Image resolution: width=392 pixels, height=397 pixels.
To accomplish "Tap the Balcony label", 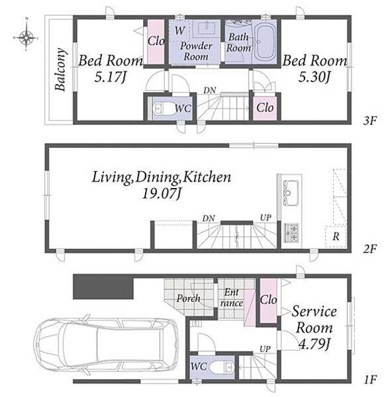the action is tap(60, 69).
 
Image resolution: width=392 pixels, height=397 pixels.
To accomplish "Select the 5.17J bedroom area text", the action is tap(110, 77).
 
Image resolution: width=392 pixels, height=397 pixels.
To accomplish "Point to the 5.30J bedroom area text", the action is tap(315, 77).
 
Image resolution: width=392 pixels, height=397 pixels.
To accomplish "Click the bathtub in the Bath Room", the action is tap(265, 42).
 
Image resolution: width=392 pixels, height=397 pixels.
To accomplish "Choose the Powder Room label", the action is tap(196, 51).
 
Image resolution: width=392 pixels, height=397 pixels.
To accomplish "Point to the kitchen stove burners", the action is tap(291, 232).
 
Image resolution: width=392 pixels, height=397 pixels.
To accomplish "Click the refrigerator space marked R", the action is tap(336, 236).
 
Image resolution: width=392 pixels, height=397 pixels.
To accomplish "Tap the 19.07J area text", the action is tap(162, 194).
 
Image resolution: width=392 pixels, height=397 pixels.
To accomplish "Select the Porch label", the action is tap(188, 298).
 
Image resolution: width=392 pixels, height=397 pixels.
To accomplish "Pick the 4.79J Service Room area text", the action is tap(315, 343).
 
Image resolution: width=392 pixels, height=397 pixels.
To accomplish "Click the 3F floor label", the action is tap(369, 120).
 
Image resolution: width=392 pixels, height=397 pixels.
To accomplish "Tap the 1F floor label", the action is tap(370, 379).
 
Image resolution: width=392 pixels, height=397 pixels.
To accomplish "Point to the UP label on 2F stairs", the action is tap(266, 218).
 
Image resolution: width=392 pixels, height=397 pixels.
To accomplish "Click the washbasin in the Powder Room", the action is tap(207, 28).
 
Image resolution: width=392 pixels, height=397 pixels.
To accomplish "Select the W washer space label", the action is tap(179, 30).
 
